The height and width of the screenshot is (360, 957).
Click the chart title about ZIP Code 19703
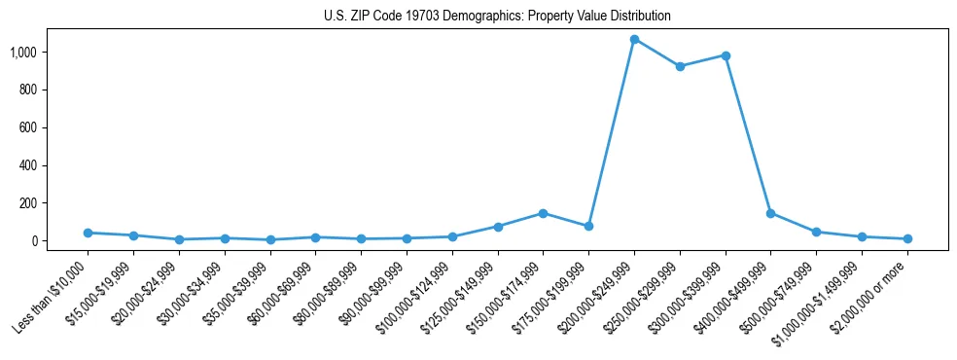(x=497, y=17)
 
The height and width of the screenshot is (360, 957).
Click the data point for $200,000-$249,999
(x=634, y=40)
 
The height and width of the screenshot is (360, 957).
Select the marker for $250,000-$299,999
(x=680, y=66)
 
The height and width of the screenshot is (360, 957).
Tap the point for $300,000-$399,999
(x=726, y=55)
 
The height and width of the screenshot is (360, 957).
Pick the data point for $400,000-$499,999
(x=770, y=213)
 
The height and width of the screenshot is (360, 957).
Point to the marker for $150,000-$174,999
(x=543, y=213)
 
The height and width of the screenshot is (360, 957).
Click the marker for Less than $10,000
(x=89, y=233)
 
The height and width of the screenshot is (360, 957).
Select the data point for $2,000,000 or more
(x=907, y=238)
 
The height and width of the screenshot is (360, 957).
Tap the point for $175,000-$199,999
(x=588, y=226)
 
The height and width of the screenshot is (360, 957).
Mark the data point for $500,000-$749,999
(x=816, y=232)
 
